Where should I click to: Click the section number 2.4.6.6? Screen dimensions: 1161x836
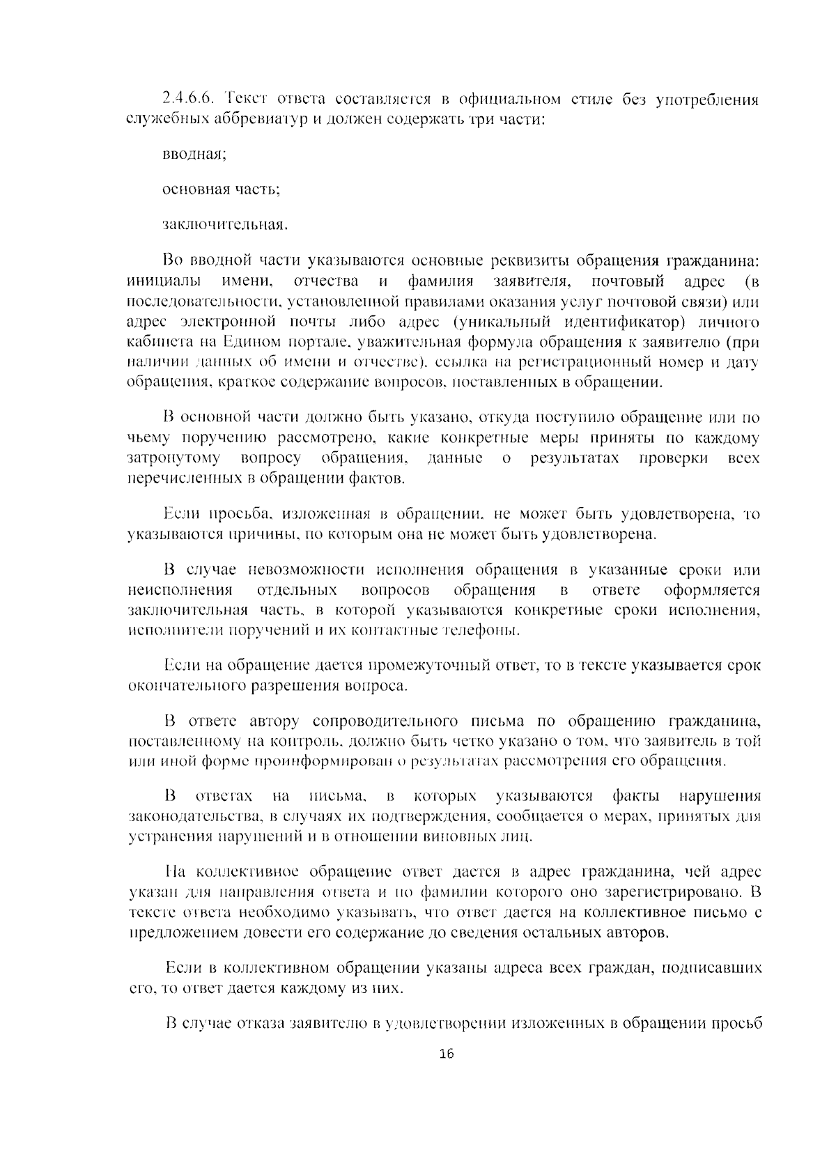(187, 100)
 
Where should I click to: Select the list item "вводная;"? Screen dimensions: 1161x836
(194, 154)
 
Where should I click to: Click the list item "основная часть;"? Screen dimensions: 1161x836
(221, 189)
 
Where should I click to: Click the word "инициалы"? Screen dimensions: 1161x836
(164, 282)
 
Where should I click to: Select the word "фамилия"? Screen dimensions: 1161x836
(440, 282)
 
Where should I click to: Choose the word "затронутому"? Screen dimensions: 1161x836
(174, 459)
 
